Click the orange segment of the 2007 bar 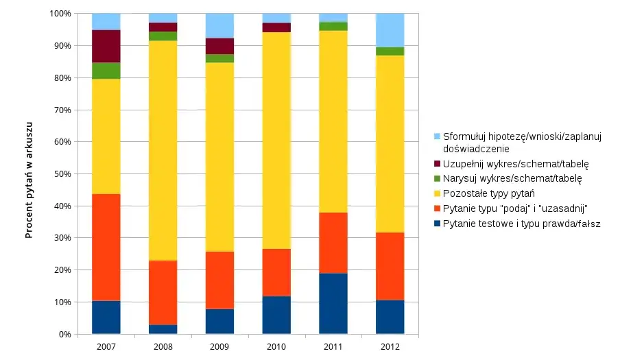pyautogui.click(x=106, y=248)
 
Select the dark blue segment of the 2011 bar pyautogui.click(x=333, y=304)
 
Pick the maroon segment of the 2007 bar pyautogui.click(x=106, y=47)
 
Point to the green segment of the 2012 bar pyautogui.click(x=390, y=51)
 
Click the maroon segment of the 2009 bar pyautogui.click(x=219, y=46)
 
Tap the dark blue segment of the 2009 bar pyautogui.click(x=219, y=322)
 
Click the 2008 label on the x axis pyautogui.click(x=163, y=348)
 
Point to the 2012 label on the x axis pyautogui.click(x=390, y=348)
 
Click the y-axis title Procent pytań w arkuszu pyautogui.click(x=29, y=174)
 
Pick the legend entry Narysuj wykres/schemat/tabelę pyautogui.click(x=512, y=178)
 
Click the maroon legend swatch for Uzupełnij pyautogui.click(x=437, y=164)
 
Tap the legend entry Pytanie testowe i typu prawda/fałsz pyautogui.click(x=521, y=224)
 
